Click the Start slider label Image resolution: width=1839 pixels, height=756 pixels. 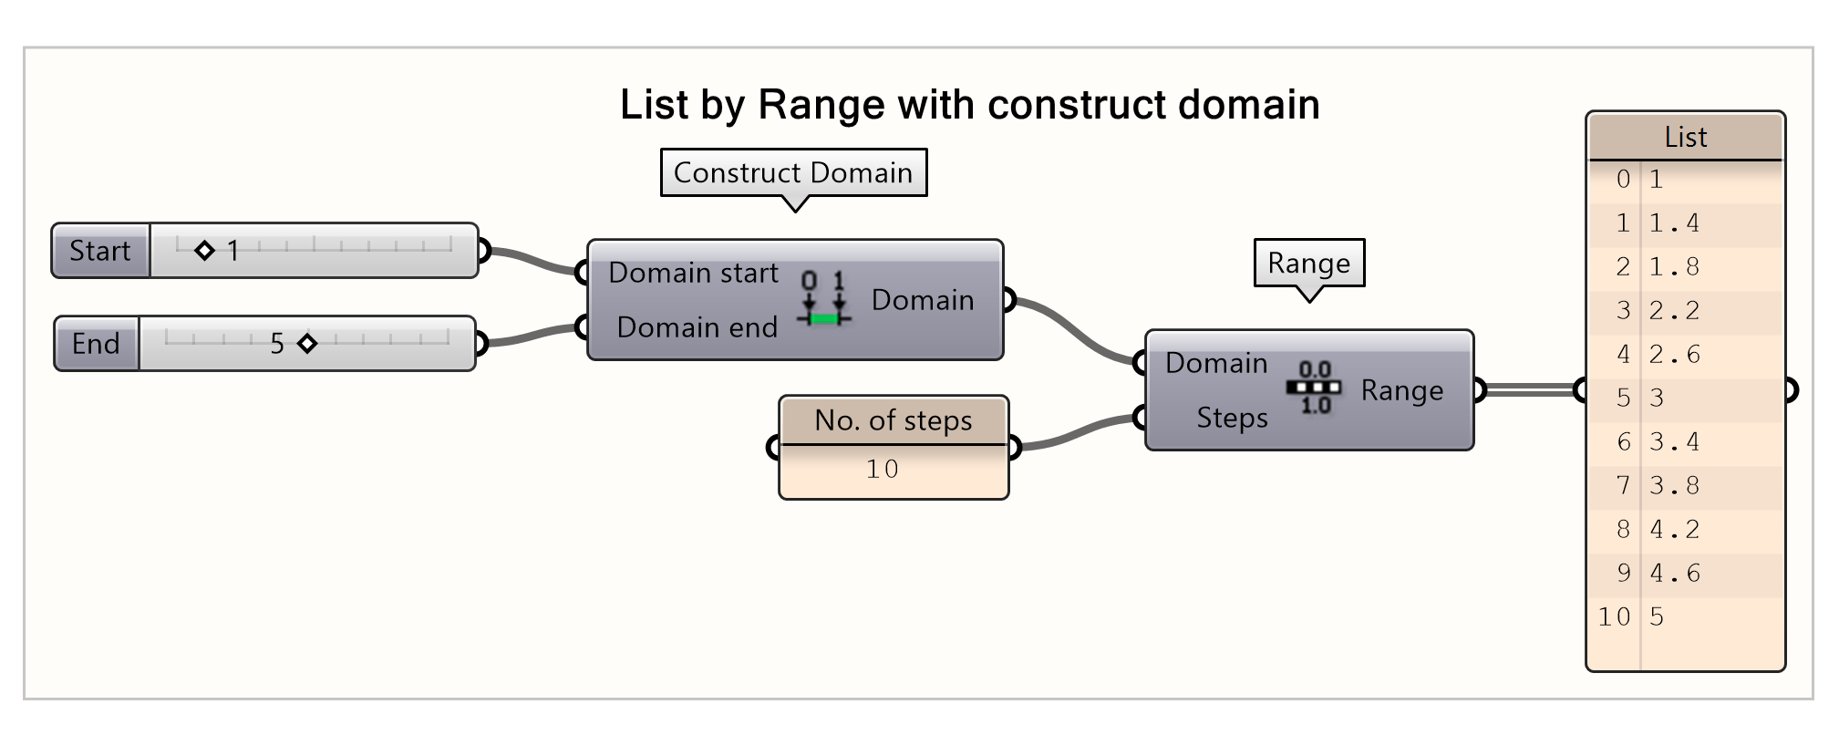(100, 251)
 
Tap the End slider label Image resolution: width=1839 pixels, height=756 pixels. (96, 344)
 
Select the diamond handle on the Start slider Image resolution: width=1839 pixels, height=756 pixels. (204, 250)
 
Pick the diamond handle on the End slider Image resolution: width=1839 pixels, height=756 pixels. (307, 344)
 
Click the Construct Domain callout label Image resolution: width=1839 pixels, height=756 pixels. (793, 172)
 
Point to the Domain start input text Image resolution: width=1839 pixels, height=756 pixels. (693, 273)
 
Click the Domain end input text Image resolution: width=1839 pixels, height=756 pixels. (697, 327)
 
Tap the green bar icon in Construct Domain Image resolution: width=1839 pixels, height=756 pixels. (824, 318)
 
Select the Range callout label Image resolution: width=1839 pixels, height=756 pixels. (1308, 263)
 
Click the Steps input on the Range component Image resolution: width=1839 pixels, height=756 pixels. (1232, 418)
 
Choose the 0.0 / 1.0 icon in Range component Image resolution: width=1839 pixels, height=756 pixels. (1314, 388)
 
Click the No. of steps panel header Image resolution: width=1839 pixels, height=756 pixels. (894, 420)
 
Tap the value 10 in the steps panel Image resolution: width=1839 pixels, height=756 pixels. (883, 470)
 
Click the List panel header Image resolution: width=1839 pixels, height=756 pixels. (1685, 138)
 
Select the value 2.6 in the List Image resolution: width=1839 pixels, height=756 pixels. (1675, 355)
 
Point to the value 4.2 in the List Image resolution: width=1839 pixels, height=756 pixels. (1675, 530)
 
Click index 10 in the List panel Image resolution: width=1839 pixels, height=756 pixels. (1614, 617)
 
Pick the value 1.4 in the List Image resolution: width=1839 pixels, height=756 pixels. (1675, 223)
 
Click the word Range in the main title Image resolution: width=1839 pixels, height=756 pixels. (821, 105)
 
